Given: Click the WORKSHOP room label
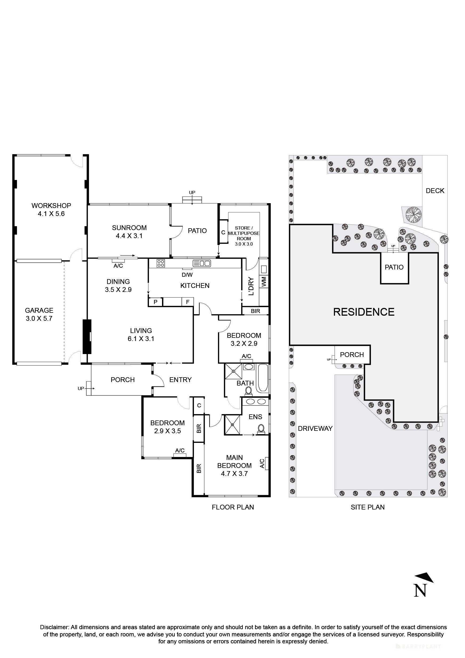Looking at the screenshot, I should tap(51, 206).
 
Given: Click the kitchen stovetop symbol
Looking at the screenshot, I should tap(160, 263).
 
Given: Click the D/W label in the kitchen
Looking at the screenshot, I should tap(187, 275).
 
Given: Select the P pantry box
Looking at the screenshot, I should tap(156, 302).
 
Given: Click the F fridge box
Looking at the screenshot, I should tap(188, 302).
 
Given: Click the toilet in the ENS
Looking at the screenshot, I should tap(261, 430).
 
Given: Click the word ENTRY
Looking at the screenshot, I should tap(180, 380).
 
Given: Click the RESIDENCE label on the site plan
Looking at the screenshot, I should tap(363, 312).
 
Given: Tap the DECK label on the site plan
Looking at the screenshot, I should tap(435, 191).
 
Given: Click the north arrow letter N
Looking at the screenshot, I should tap(420, 590).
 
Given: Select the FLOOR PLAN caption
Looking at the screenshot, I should tap(233, 507).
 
